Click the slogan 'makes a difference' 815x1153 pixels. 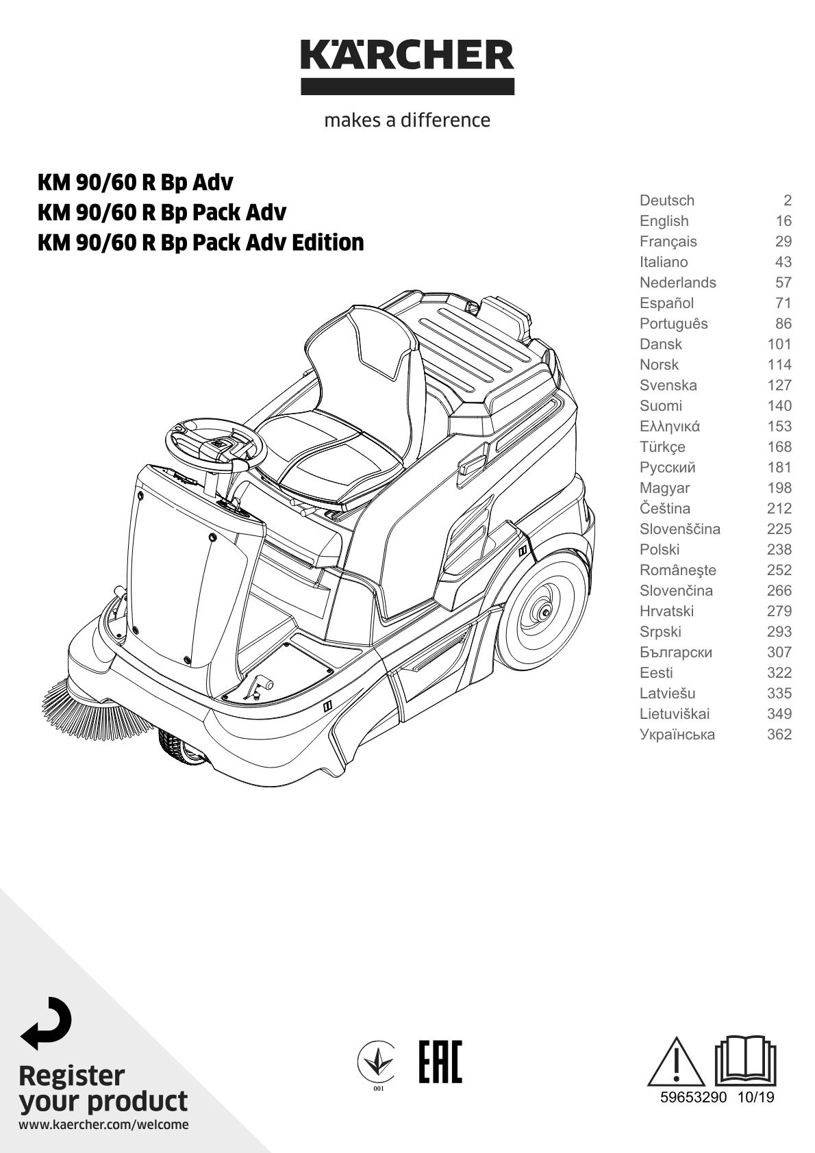(x=407, y=120)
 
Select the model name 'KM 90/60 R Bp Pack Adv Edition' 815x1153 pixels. (x=201, y=242)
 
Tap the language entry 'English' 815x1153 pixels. (x=664, y=221)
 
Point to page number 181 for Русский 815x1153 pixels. (x=779, y=468)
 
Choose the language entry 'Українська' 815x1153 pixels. (x=677, y=735)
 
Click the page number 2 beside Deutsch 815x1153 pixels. (x=787, y=200)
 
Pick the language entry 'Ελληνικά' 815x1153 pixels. (x=670, y=426)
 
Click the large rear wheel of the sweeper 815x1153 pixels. (x=542, y=609)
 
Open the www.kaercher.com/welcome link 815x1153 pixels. (x=103, y=1125)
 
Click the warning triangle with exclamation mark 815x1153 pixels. (x=676, y=1062)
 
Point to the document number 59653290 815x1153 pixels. (x=693, y=1097)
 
